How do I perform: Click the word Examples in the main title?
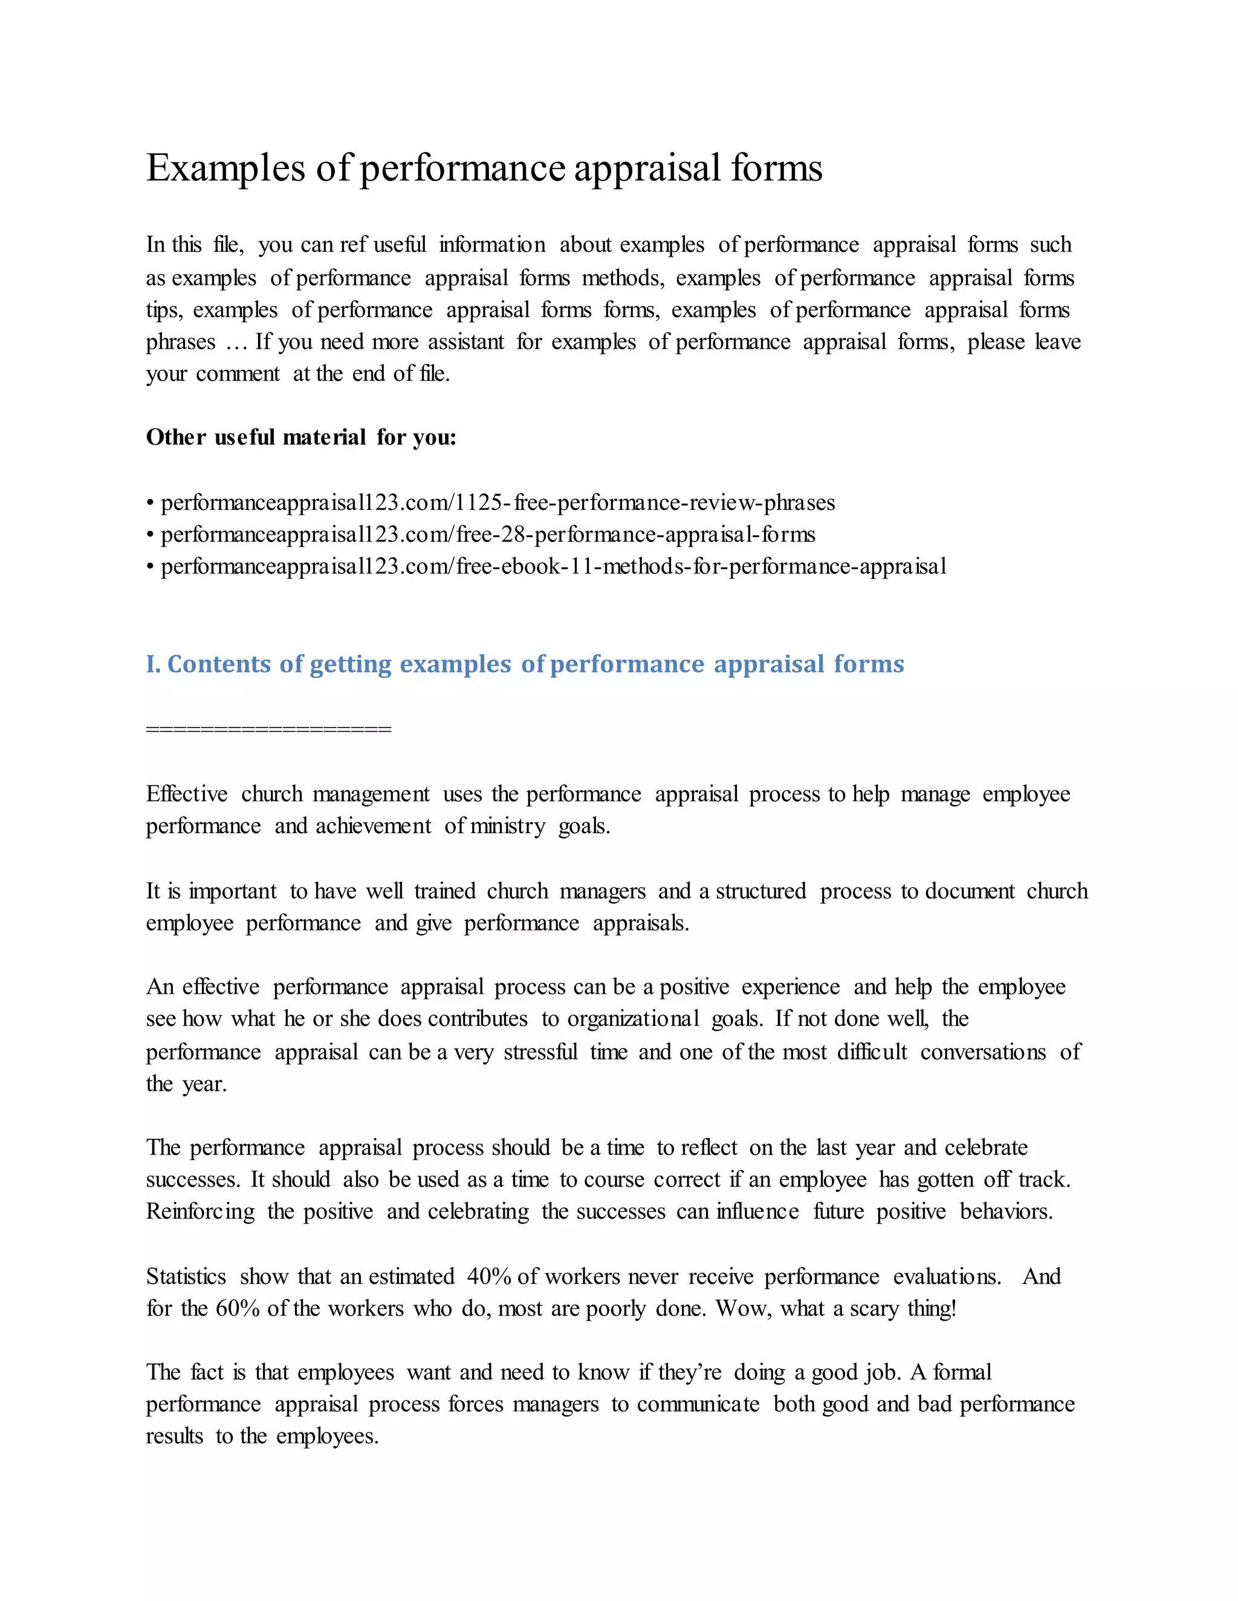[225, 169]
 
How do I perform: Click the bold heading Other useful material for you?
[300, 437]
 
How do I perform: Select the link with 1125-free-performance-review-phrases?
[497, 503]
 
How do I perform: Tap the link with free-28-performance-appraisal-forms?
[488, 535]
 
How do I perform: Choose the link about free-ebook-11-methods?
[554, 567]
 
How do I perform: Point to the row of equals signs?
[268, 729]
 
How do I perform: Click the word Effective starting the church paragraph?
[187, 794]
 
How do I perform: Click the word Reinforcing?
[200, 1212]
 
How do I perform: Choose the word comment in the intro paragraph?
[238, 374]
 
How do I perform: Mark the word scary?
[873, 1309]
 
